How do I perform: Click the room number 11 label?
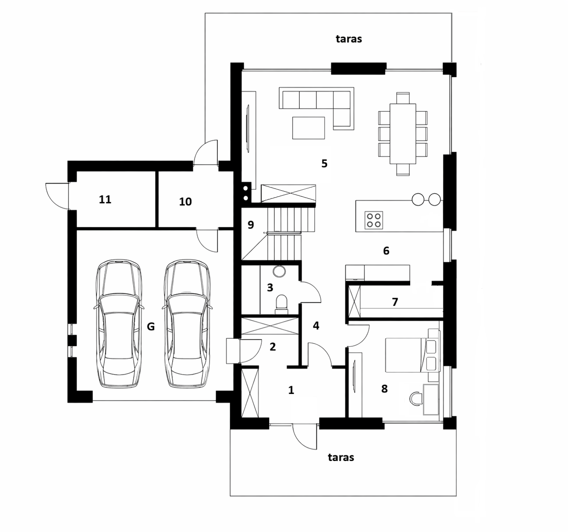(x=105, y=199)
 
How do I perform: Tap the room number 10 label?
(x=185, y=202)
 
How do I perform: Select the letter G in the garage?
(x=151, y=326)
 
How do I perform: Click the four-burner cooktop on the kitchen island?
(x=374, y=220)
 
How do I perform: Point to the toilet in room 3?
(x=282, y=305)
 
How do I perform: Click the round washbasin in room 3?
(x=279, y=271)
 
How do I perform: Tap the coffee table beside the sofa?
(x=308, y=128)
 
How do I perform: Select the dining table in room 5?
(x=403, y=134)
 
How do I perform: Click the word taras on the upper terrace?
(x=348, y=39)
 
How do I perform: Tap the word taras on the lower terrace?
(x=341, y=458)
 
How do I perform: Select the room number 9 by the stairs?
(x=251, y=225)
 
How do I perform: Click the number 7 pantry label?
(x=395, y=302)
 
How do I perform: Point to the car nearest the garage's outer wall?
(x=118, y=324)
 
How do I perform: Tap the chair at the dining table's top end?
(x=403, y=98)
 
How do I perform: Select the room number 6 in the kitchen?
(x=386, y=251)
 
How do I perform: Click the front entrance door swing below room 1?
(x=305, y=436)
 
